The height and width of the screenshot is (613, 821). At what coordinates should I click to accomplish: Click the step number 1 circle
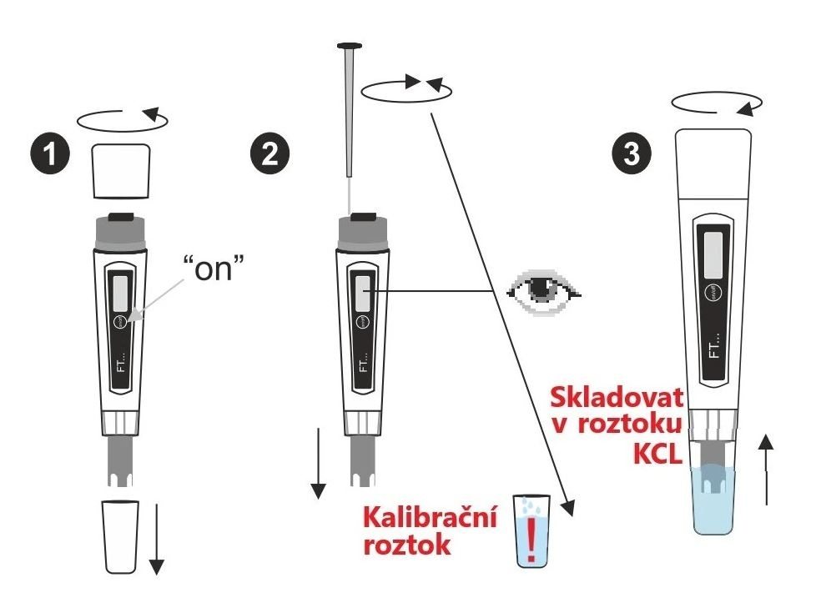point(50,154)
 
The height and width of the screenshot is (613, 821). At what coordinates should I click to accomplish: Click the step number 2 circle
point(269,154)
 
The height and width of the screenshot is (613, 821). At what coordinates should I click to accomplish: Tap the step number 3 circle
point(632,154)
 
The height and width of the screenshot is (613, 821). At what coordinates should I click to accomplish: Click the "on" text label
point(214,268)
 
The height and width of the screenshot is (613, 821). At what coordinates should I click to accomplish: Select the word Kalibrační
point(430,517)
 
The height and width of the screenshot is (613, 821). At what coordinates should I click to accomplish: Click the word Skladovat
point(617,398)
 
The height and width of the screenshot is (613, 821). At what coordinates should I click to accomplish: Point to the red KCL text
point(657,454)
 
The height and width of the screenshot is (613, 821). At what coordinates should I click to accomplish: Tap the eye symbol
point(543,292)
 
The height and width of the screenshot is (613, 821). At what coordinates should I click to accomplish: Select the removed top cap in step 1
point(121,171)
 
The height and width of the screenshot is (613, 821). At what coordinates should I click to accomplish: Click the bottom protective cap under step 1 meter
point(121,536)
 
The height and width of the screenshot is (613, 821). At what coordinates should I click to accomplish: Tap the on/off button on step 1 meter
point(121,321)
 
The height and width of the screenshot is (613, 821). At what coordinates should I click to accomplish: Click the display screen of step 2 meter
point(362,292)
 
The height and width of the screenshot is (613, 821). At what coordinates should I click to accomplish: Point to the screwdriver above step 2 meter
point(350,111)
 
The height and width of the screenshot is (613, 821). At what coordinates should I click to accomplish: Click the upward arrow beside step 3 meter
point(766,470)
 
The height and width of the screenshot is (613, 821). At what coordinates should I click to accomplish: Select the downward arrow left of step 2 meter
point(318,463)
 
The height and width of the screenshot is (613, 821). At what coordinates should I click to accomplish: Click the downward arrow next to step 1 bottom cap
point(157,539)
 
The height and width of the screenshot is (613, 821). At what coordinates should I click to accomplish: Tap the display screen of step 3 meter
point(713,255)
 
